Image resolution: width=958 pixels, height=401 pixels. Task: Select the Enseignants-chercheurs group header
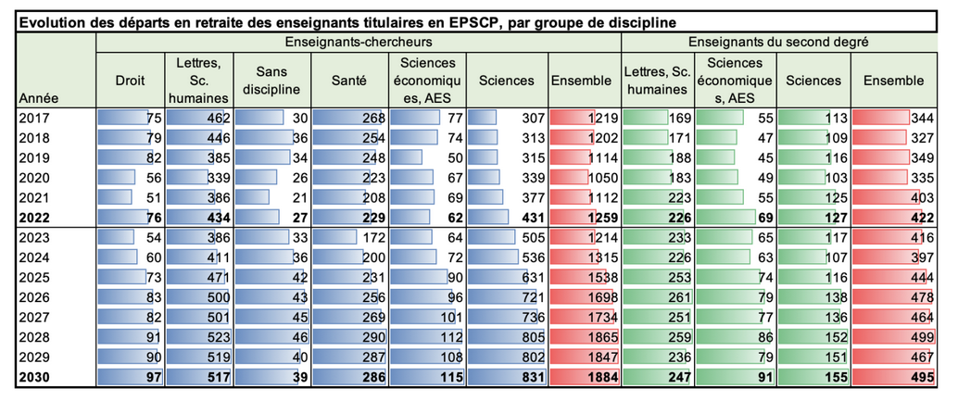[358, 43]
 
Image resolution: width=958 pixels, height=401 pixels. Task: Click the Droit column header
[130, 81]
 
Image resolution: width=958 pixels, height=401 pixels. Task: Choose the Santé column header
[349, 81]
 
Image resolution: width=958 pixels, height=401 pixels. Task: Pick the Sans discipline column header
[271, 81]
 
